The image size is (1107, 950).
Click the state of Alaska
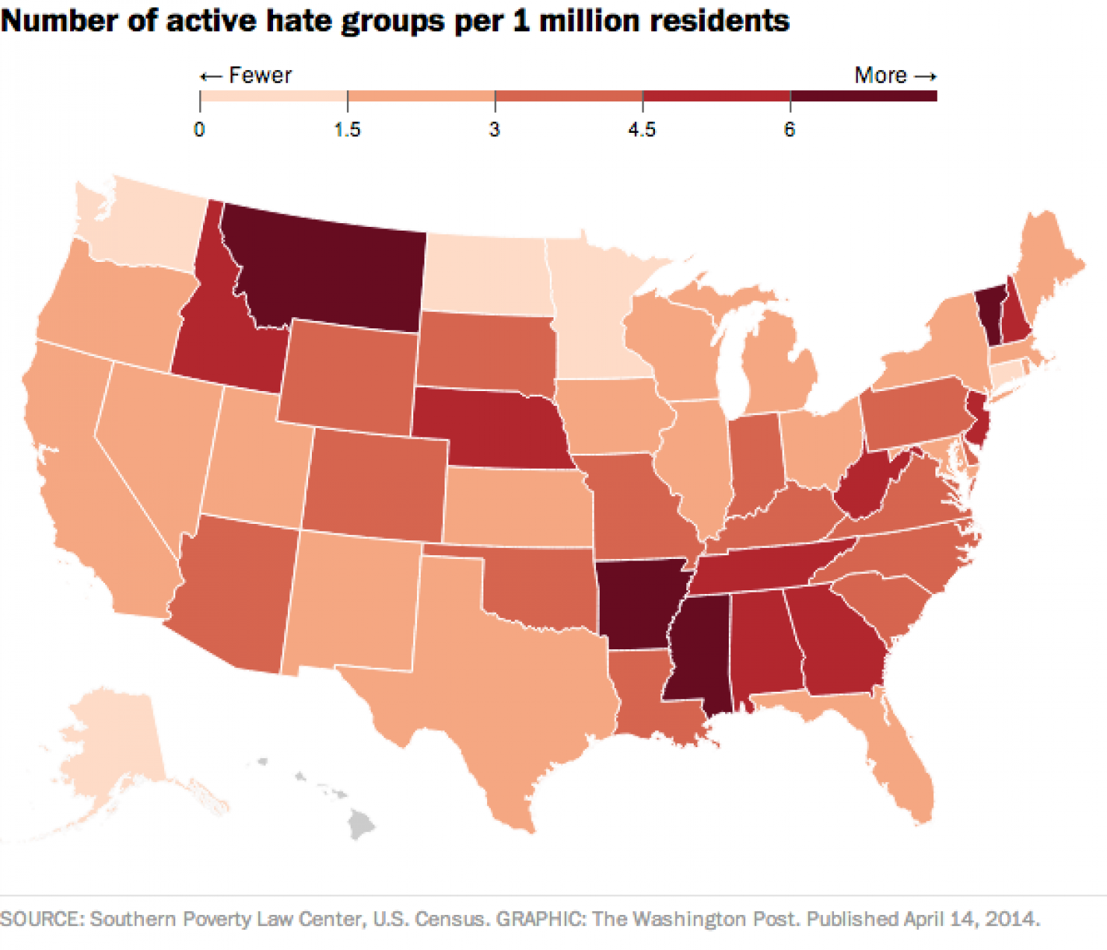112,746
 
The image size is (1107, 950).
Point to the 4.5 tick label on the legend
642,130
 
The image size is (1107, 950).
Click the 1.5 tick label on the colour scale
347,130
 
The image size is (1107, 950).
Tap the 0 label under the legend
199,130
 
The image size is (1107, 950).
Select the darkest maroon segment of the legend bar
863,96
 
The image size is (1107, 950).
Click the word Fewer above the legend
260,75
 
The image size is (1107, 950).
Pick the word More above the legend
880,75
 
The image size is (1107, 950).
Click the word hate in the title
300,20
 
